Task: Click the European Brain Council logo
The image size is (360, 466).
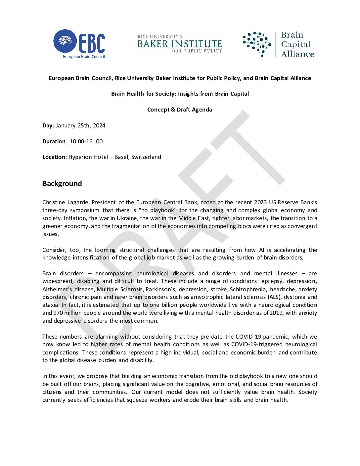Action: coord(79,44)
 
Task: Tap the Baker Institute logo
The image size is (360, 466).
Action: coord(180,44)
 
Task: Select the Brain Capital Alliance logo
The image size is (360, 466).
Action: coord(278,44)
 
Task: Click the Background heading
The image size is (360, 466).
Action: coord(62,184)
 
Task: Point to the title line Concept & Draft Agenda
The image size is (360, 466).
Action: coord(180,110)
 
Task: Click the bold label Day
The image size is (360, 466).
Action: coord(47,125)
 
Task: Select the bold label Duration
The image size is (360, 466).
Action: coord(54,141)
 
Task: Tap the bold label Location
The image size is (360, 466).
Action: coord(54,157)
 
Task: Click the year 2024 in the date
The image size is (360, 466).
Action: coord(99,125)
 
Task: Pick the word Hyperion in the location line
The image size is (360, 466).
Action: coord(79,157)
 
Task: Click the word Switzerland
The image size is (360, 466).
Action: coord(146,157)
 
